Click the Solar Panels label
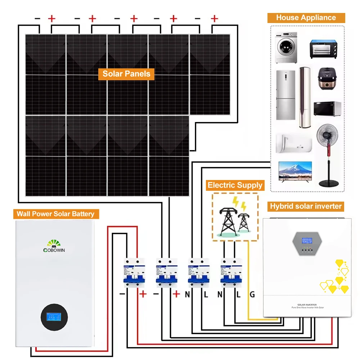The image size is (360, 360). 126,74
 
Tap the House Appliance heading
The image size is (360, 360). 306,18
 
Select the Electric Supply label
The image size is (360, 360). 235,185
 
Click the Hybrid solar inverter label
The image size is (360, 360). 306,206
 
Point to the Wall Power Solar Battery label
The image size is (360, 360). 55,214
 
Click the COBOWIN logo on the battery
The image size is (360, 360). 54,246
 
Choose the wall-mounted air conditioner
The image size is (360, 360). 293,144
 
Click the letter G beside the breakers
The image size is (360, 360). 252,295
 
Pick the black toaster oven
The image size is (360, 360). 325,49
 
